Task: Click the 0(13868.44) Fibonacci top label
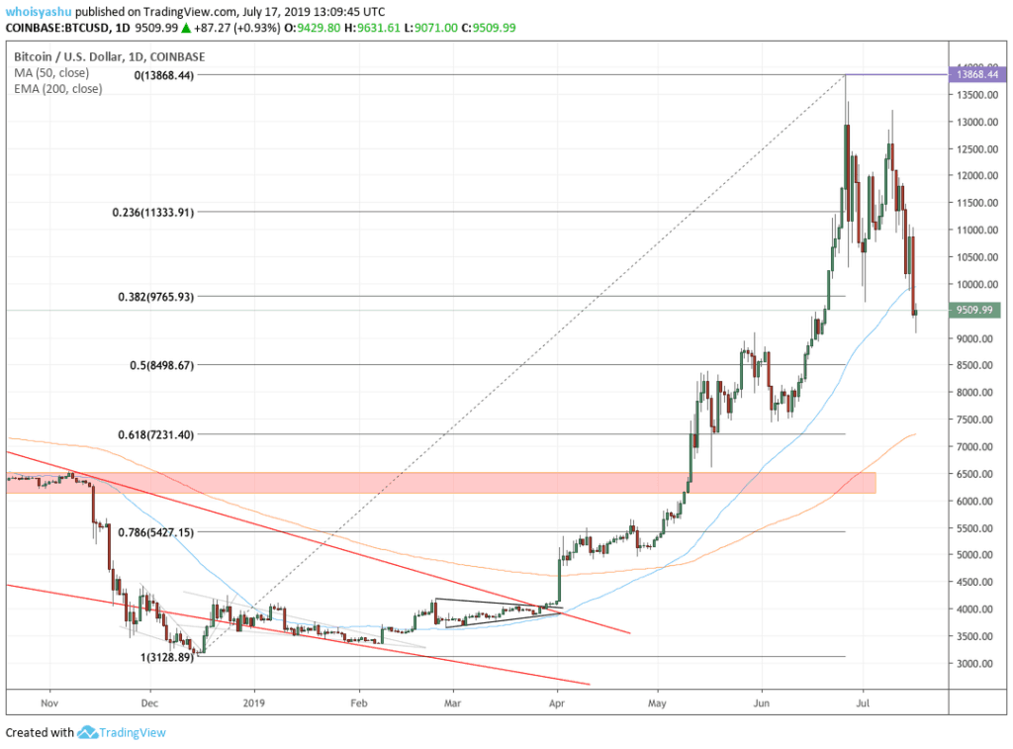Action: pyautogui.click(x=165, y=75)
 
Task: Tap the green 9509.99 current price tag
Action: pyautogui.click(x=974, y=312)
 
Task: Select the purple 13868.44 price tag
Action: pyautogui.click(x=975, y=74)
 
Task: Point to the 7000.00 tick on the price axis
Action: pyautogui.click(x=974, y=447)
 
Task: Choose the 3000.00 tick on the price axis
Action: pyautogui.click(x=974, y=664)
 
